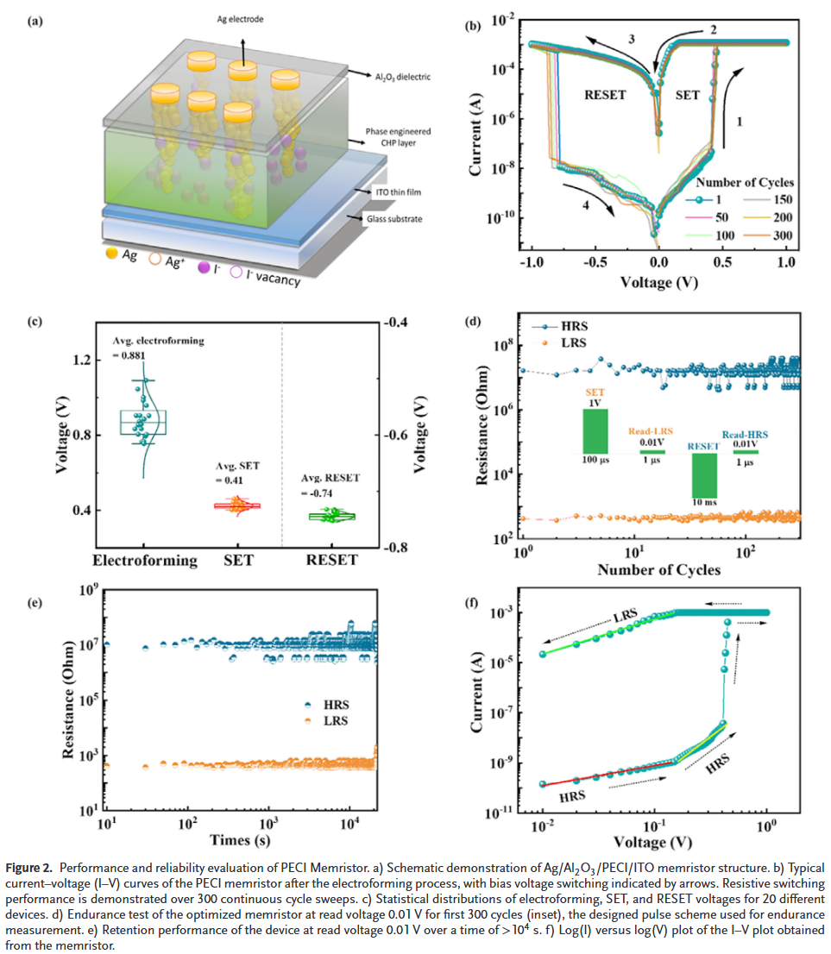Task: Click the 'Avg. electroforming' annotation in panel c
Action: click(159, 340)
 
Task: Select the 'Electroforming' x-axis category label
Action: click(145, 561)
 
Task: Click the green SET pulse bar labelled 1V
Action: click(595, 430)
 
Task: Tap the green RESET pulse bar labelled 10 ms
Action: click(704, 474)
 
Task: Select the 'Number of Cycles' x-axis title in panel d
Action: click(658, 569)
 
